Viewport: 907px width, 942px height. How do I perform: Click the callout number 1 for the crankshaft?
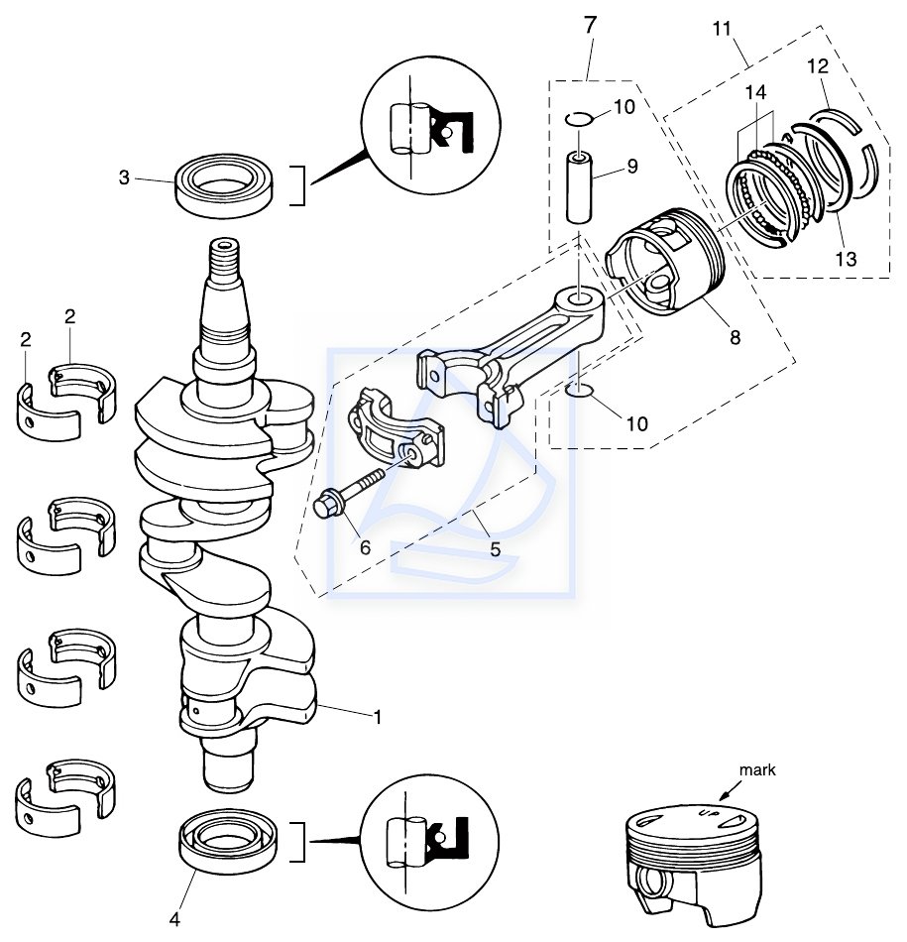click(378, 716)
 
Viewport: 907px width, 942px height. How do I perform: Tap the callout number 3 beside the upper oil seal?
click(124, 177)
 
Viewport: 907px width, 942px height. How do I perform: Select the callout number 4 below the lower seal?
click(174, 919)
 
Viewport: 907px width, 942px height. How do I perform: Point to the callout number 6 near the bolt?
click(365, 547)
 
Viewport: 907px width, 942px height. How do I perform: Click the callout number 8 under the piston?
click(736, 337)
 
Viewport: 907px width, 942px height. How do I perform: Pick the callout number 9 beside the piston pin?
click(631, 166)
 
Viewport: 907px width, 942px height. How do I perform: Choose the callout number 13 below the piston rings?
click(847, 259)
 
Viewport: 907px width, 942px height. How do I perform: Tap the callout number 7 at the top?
click(591, 25)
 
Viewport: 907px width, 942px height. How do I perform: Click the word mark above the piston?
click(757, 769)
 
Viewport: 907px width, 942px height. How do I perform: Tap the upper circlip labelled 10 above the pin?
click(579, 120)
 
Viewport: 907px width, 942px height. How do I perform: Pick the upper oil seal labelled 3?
click(225, 185)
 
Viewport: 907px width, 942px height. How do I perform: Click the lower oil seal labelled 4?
click(228, 841)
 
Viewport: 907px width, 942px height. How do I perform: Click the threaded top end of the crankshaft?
click(224, 259)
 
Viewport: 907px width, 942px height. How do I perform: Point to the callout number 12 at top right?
click(818, 66)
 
